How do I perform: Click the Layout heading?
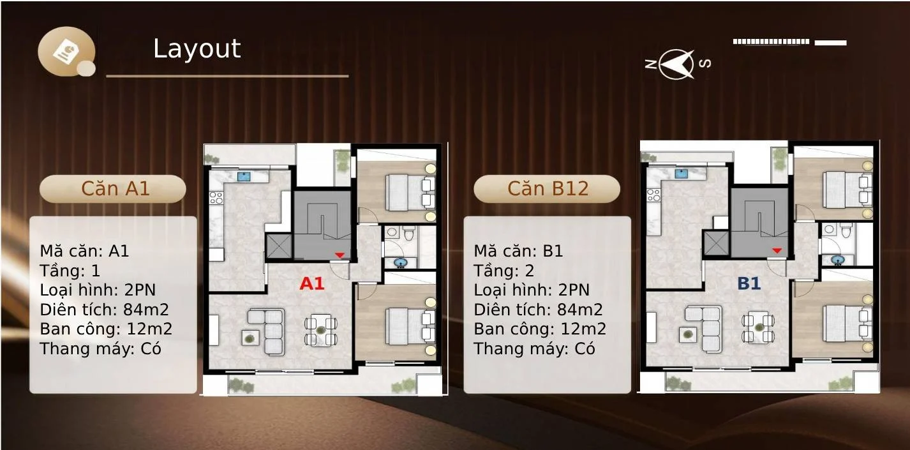click(x=197, y=49)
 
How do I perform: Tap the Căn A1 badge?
click(x=113, y=189)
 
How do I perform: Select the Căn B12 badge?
click(x=547, y=189)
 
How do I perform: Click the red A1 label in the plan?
click(x=311, y=283)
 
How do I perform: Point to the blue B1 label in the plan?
click(x=749, y=283)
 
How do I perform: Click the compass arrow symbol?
click(x=676, y=64)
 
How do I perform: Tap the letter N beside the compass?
click(x=651, y=64)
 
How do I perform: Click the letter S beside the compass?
click(x=705, y=63)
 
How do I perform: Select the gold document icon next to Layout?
click(x=66, y=52)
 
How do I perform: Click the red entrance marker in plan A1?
click(x=339, y=255)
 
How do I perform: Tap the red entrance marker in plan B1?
click(x=777, y=250)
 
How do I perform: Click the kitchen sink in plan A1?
click(x=244, y=176)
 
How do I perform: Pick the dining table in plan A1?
click(x=321, y=329)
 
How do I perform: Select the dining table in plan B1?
click(x=759, y=327)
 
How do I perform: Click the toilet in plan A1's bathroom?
click(x=408, y=233)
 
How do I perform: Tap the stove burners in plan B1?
click(x=653, y=195)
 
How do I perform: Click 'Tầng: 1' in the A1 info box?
click(x=70, y=271)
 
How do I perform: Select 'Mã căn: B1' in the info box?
click(x=518, y=251)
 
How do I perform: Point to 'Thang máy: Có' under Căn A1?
click(x=100, y=349)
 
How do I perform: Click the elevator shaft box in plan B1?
click(x=716, y=243)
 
